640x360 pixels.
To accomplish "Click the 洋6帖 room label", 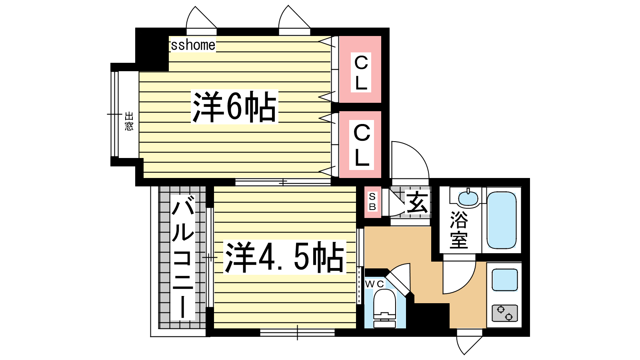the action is (234, 106).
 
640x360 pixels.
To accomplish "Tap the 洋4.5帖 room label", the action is (284, 257).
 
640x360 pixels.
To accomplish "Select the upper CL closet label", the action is (361, 72).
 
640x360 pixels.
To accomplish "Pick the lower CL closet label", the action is (362, 145).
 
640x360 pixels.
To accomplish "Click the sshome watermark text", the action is (193, 45).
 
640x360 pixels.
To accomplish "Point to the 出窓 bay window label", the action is (129, 122).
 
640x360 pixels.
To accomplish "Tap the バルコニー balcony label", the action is (183, 258).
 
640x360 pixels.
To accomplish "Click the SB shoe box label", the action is (372, 202).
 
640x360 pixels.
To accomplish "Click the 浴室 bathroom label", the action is (459, 230).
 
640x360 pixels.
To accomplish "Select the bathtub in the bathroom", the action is (502, 220).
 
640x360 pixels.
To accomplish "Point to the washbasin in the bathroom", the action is (468, 198).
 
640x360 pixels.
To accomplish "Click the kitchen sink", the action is (505, 280).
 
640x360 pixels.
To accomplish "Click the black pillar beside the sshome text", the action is (152, 50).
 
